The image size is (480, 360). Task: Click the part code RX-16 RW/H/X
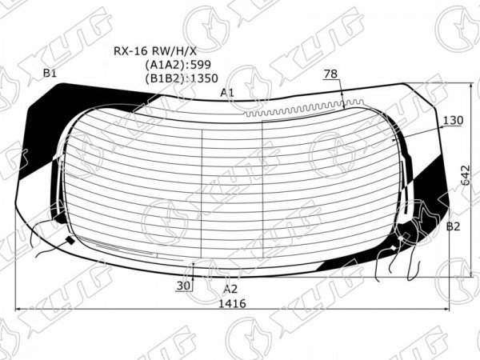[155, 51]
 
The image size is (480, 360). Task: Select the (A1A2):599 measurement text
[178, 65]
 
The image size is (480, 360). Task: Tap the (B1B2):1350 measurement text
[182, 78]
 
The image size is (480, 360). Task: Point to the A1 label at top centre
[227, 93]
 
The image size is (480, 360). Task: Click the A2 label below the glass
[230, 289]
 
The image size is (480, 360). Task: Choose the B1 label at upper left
[50, 73]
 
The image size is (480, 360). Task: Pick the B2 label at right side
[453, 226]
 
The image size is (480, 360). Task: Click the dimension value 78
[330, 74]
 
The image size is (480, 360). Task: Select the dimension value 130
[453, 120]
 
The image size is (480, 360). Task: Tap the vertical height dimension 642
[466, 175]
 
